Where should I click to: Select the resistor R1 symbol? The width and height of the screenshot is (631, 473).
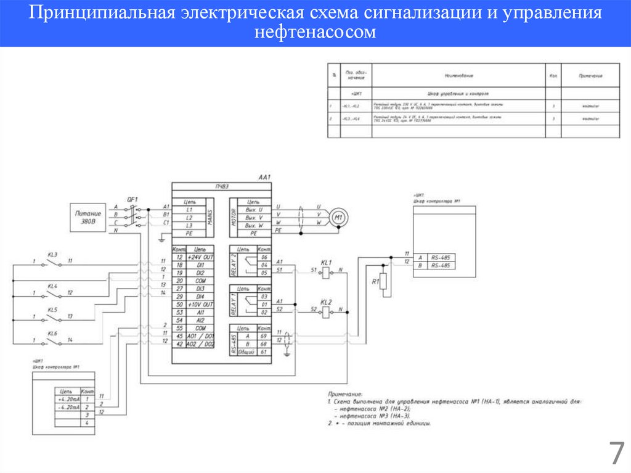pos(383,282)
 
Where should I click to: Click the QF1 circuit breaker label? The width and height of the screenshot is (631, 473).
pos(132,199)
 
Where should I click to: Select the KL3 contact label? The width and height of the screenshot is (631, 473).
pos(52,254)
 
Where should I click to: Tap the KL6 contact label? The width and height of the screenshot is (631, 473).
pos(52,333)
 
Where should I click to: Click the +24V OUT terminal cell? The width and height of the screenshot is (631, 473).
pos(200,257)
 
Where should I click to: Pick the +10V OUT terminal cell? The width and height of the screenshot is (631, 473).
pos(200,305)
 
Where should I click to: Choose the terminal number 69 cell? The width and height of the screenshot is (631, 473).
pos(264,336)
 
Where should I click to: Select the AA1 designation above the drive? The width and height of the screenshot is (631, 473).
pos(264,178)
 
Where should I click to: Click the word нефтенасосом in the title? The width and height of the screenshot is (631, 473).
pos(315,32)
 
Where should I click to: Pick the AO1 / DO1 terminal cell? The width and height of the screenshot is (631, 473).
pos(200,336)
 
